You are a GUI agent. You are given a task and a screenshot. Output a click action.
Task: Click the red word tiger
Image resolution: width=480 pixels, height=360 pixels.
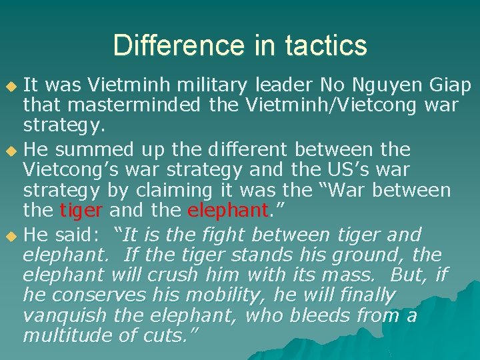coord(81,211)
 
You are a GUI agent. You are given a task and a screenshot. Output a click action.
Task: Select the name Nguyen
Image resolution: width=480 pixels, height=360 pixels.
coord(385,85)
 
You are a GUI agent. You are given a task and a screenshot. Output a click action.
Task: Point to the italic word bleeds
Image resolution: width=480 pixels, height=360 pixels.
coord(331,315)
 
